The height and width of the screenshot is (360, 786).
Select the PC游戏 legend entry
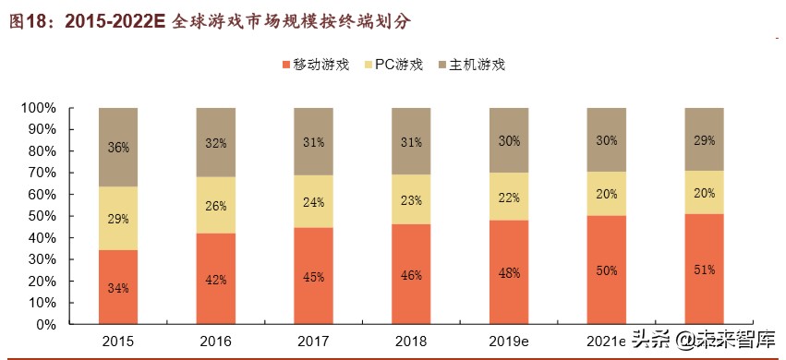[397, 65]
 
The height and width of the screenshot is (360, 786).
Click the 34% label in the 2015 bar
[118, 288]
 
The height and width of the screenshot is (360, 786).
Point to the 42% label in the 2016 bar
[216, 280]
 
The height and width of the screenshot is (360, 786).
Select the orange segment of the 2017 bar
[314, 276]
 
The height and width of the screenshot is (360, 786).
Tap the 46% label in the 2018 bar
[411, 275]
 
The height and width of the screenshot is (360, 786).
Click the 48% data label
[509, 273]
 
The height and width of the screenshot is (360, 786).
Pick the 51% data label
[704, 270]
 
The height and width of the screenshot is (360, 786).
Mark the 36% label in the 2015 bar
[118, 148]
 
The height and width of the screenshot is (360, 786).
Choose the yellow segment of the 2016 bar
[216, 205]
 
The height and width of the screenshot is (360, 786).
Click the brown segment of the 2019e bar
[509, 140]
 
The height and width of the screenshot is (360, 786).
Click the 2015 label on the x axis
[118, 342]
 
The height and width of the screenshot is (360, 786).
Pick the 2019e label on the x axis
[509, 342]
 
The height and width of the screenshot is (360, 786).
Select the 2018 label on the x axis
[411, 342]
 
